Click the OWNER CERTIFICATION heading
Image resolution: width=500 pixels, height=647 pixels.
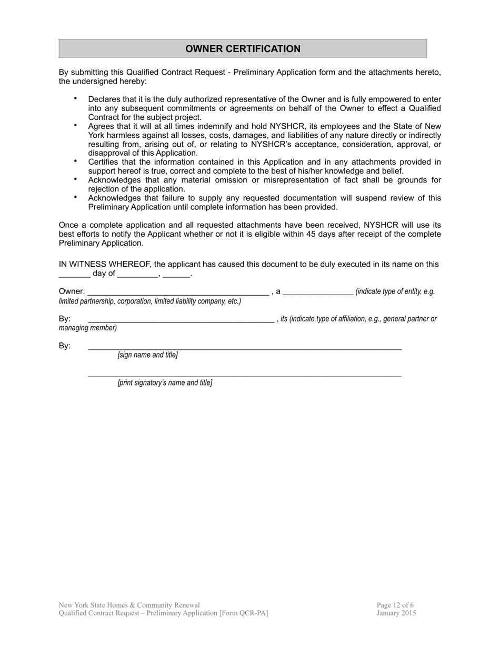[x=243, y=49]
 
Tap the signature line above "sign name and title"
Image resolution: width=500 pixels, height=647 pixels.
[x=245, y=348]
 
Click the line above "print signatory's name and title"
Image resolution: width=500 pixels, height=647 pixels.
[x=245, y=376]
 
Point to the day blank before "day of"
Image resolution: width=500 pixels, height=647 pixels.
[x=74, y=275]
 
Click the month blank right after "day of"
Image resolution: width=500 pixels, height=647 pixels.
[x=137, y=275]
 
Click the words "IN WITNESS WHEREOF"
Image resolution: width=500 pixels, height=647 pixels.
[x=105, y=264]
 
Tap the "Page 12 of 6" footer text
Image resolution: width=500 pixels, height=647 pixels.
[x=395, y=605]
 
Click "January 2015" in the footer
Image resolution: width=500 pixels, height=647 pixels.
[x=396, y=613]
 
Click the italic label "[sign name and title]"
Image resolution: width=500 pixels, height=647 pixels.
[x=147, y=355]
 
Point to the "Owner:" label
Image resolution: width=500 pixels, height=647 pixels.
[x=72, y=291]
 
